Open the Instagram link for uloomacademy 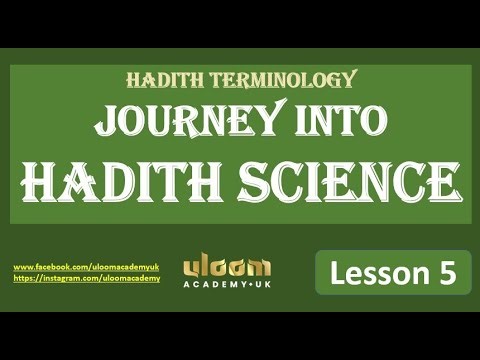click(x=87, y=279)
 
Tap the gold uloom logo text click(x=227, y=267)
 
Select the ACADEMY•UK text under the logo click(x=227, y=285)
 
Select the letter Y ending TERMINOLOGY click(x=349, y=80)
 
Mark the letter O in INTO click(x=374, y=121)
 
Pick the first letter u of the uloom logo click(x=192, y=267)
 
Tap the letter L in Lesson click(x=335, y=272)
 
